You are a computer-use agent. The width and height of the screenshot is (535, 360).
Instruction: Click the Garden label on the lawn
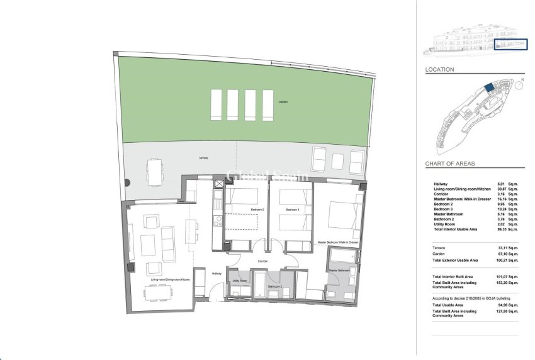click(x=283, y=101)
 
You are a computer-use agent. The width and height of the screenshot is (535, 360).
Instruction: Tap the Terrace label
click(x=203, y=158)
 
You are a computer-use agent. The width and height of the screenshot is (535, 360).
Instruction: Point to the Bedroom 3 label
click(x=291, y=209)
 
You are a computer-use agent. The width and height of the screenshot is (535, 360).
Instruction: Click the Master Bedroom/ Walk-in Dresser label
click(x=337, y=242)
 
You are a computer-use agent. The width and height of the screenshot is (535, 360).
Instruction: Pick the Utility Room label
click(x=239, y=281)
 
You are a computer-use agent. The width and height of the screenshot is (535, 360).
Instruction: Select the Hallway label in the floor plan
click(x=216, y=273)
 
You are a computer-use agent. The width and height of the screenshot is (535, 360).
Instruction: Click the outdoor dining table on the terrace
click(x=155, y=171)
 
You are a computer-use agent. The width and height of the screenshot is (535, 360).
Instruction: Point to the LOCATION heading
click(x=439, y=70)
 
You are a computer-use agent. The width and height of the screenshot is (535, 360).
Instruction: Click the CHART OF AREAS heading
click(x=449, y=164)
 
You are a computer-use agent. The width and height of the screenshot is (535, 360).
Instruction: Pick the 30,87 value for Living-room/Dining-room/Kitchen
click(x=501, y=189)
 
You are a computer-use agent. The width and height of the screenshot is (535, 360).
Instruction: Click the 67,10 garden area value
click(x=501, y=254)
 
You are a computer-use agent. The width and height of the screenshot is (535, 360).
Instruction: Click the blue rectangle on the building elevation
click(x=509, y=44)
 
